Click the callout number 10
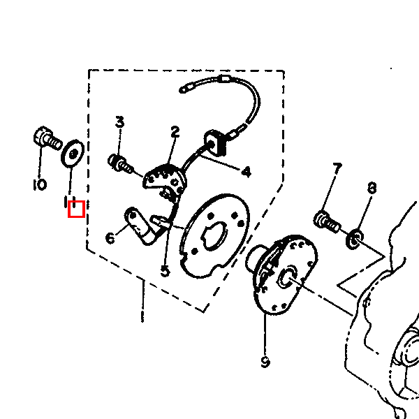(x=40, y=184)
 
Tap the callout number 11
(x=70, y=202)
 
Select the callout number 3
(x=119, y=122)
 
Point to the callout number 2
(x=175, y=132)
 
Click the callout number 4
(x=247, y=172)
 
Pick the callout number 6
(x=110, y=238)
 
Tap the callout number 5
(x=165, y=272)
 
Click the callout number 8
(x=372, y=188)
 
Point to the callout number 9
(x=265, y=362)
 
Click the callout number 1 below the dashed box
(x=142, y=300)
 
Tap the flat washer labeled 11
(x=73, y=154)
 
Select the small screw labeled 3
(x=120, y=163)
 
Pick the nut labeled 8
(x=355, y=239)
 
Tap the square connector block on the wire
(x=215, y=142)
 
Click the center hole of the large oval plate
(x=216, y=235)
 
